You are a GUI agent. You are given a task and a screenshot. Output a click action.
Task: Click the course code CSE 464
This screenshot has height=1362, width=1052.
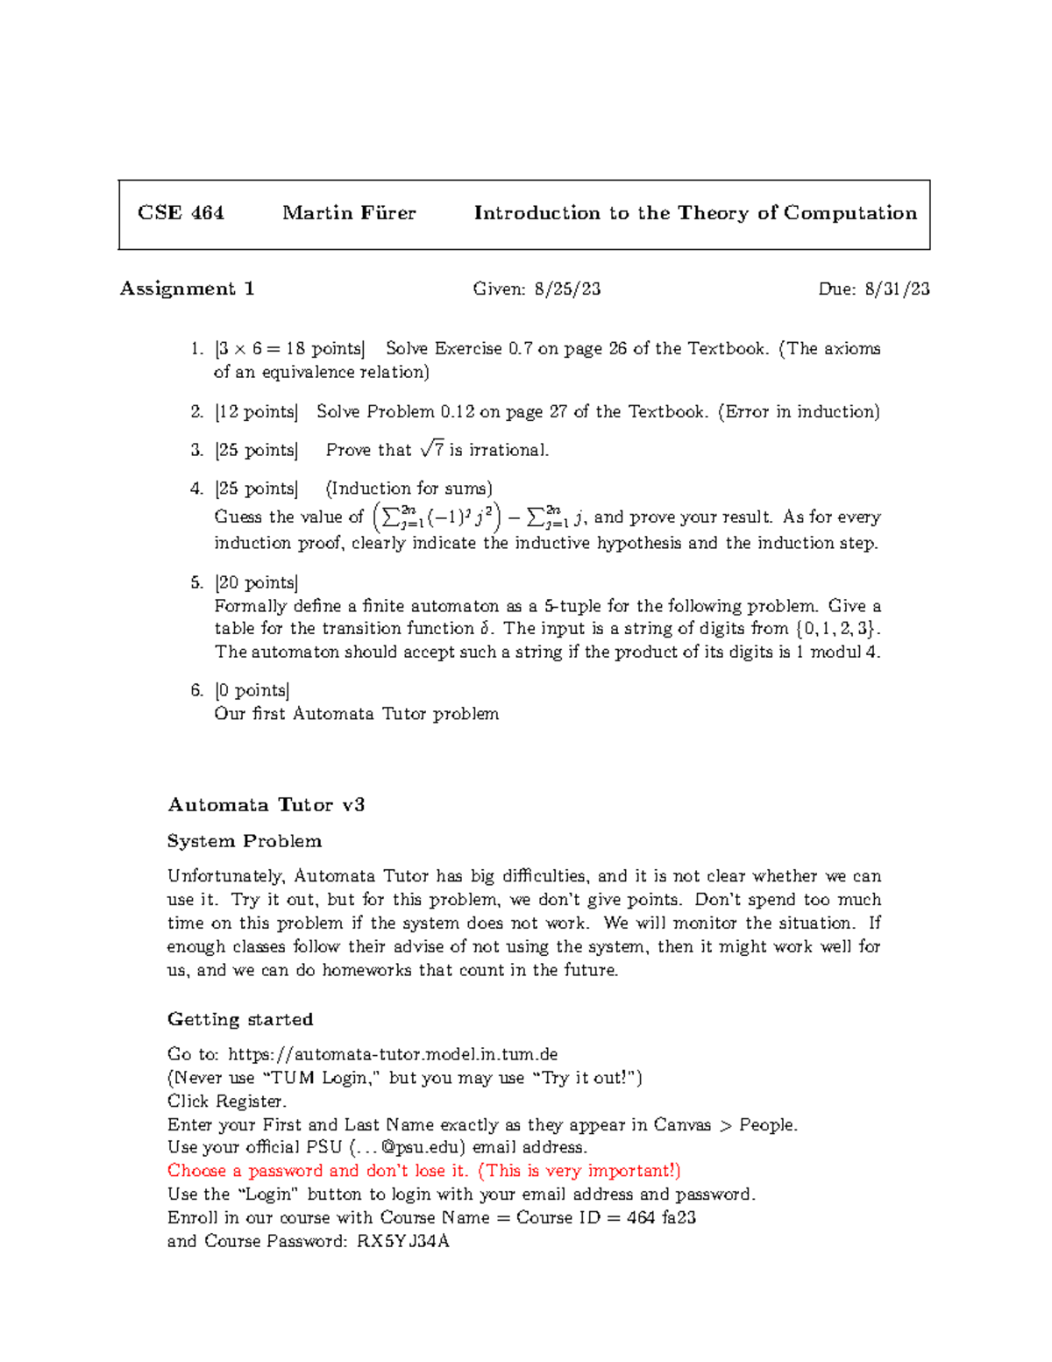click(181, 213)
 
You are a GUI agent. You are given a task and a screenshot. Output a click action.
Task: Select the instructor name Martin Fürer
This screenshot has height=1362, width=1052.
click(349, 213)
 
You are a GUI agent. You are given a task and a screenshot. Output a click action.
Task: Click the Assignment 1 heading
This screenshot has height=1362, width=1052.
click(187, 289)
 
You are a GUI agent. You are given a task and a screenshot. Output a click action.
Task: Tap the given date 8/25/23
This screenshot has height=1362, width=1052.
click(567, 289)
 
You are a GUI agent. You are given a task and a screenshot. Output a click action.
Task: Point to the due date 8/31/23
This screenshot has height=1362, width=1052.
click(897, 289)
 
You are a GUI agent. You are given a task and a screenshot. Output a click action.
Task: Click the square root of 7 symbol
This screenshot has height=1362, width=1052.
click(432, 450)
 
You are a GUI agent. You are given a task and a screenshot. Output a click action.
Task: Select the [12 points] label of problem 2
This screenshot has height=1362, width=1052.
click(257, 411)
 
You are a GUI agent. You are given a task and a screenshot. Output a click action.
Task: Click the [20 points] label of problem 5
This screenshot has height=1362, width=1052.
click(257, 582)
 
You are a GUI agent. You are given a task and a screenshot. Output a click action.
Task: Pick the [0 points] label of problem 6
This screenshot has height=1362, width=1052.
click(252, 690)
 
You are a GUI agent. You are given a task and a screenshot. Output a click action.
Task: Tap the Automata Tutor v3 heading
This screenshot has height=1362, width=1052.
click(266, 805)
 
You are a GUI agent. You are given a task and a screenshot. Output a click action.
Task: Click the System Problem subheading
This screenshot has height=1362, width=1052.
click(245, 841)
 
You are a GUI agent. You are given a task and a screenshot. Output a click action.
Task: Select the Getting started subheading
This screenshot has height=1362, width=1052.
click(240, 1019)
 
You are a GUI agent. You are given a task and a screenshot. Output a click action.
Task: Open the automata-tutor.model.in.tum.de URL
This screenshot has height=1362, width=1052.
click(393, 1054)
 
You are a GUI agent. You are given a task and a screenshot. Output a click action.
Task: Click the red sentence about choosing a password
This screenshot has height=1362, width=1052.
click(423, 1171)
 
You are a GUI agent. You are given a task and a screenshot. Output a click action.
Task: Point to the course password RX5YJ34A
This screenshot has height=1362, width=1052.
click(403, 1241)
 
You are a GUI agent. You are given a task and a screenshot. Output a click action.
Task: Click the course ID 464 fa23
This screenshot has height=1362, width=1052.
click(661, 1217)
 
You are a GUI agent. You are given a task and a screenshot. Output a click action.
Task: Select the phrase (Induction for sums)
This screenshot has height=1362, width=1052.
click(409, 488)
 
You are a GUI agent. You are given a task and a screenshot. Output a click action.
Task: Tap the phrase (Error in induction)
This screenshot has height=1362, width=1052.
click(799, 411)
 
